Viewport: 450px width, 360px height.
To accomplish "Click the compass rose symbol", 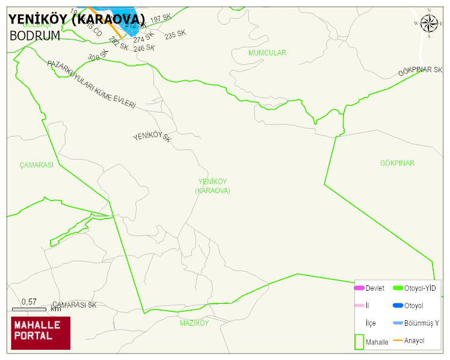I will point(429,23).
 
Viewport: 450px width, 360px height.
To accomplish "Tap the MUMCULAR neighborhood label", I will point(267,53).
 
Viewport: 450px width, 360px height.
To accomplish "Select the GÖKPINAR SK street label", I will point(420,71).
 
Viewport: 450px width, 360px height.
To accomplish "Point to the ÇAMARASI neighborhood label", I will point(36,165).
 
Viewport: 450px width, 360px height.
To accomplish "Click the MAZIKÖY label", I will point(194,323).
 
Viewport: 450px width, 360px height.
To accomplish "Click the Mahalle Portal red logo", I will point(41,333).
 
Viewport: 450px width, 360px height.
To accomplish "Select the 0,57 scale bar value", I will point(29,302).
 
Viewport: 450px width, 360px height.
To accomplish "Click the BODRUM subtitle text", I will point(35,36).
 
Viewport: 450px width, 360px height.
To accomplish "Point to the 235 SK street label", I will point(175,36).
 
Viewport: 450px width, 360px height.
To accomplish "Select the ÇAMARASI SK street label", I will point(74,305).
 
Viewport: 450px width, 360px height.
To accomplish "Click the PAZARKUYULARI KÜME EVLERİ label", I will point(91,84).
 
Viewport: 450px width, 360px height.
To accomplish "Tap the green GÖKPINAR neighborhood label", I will point(397,163).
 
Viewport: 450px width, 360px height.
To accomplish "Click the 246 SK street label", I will point(144,48).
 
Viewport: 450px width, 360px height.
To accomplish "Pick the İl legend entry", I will point(367,306).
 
